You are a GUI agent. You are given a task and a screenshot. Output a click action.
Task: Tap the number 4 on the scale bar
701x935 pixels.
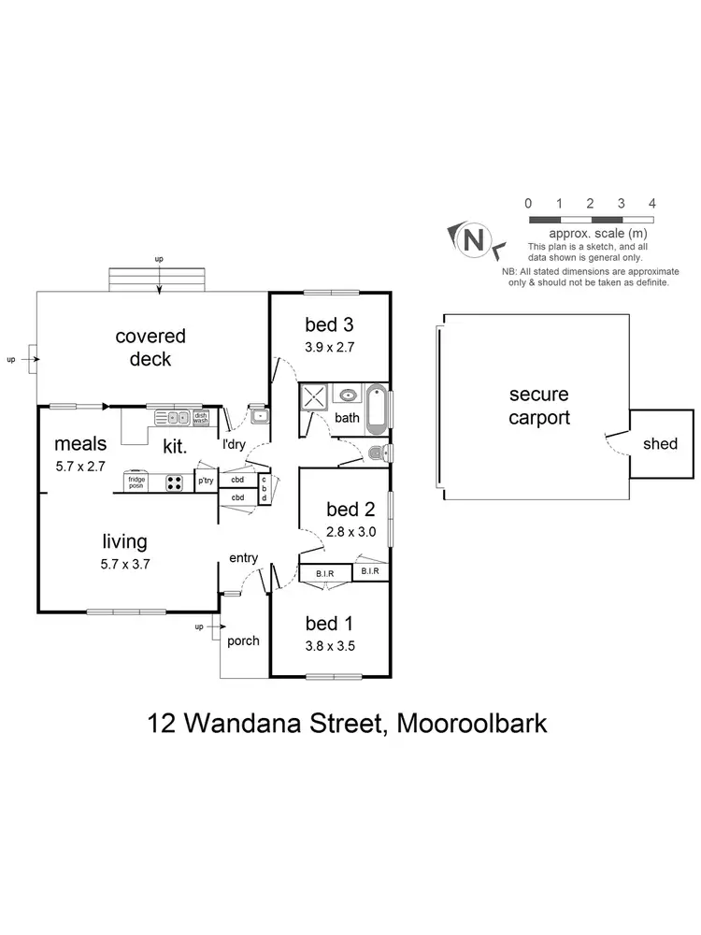click(651, 203)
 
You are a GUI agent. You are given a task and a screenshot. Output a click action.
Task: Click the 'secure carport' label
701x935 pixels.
click(538, 406)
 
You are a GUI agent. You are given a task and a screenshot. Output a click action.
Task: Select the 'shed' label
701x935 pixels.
click(660, 443)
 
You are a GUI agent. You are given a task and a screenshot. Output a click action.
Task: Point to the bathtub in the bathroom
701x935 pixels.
click(376, 409)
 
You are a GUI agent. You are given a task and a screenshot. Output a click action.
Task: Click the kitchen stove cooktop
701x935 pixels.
click(175, 482)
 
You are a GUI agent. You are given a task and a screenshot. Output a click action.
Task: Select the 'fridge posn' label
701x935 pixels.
click(136, 482)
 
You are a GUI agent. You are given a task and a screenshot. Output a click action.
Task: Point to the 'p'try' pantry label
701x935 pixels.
click(205, 482)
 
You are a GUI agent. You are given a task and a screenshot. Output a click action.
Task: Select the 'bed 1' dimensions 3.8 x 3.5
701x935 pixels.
click(329, 644)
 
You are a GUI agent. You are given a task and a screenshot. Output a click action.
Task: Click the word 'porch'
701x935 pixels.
click(242, 640)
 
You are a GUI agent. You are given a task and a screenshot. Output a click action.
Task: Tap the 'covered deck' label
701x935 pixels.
click(150, 347)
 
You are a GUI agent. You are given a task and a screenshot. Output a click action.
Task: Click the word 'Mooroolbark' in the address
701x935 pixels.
click(473, 723)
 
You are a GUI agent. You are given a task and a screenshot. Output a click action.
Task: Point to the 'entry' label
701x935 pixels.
click(243, 558)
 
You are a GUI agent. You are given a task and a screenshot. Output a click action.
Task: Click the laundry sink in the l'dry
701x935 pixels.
click(257, 417)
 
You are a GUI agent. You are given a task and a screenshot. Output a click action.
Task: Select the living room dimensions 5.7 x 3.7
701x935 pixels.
click(125, 564)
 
